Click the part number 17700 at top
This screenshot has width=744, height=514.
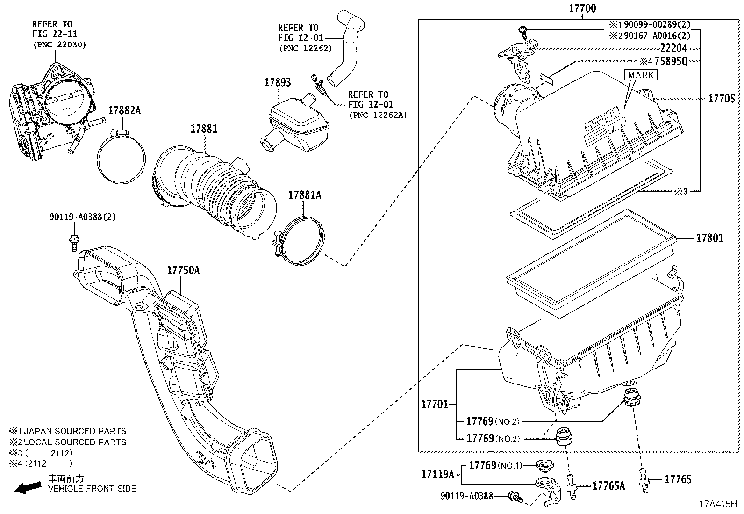pos(582,8)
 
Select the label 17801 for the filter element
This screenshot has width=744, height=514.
pos(709,238)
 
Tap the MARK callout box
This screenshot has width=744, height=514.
pos(641,75)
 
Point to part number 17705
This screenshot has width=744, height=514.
pos(721,99)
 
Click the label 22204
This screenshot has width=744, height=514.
pos(673,48)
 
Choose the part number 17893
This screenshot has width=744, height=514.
pos(277,82)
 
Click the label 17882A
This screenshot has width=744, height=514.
pos(124,111)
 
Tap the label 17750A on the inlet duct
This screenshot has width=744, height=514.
pos(183,270)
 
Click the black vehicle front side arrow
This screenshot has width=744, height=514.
pos(28,488)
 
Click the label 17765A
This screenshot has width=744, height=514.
pos(608,486)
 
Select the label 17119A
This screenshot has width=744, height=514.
pos(437,474)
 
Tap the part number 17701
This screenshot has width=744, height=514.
pos(435,404)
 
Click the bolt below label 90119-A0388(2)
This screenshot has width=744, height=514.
pos(73,243)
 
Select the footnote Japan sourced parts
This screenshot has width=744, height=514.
pos(68,431)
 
